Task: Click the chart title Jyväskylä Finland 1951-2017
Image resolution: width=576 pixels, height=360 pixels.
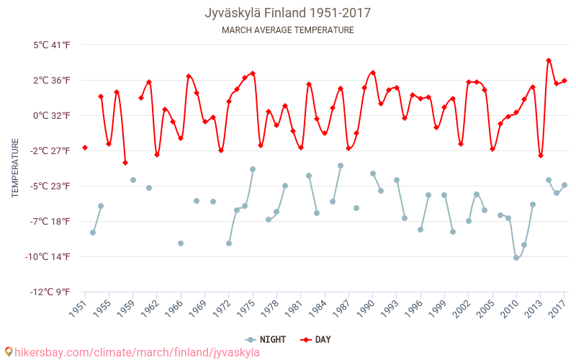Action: click(287, 13)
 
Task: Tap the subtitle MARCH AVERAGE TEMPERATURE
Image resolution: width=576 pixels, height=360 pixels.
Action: click(287, 30)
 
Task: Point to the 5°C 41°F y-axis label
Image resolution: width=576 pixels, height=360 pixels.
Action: click(52, 45)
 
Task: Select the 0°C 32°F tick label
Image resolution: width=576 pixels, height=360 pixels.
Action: click(52, 116)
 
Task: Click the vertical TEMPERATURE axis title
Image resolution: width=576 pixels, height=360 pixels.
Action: click(15, 168)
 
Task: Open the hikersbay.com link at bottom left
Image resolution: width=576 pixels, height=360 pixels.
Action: click(137, 353)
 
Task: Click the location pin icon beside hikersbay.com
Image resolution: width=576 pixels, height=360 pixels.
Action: click(8, 352)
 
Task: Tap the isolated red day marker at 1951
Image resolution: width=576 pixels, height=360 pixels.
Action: click(85, 148)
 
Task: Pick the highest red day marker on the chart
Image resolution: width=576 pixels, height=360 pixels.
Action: click(549, 60)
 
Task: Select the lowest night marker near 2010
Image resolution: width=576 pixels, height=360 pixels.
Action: click(516, 257)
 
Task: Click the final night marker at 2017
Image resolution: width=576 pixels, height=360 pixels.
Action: click(564, 185)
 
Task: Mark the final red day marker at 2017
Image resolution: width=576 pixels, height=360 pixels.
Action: click(564, 81)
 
